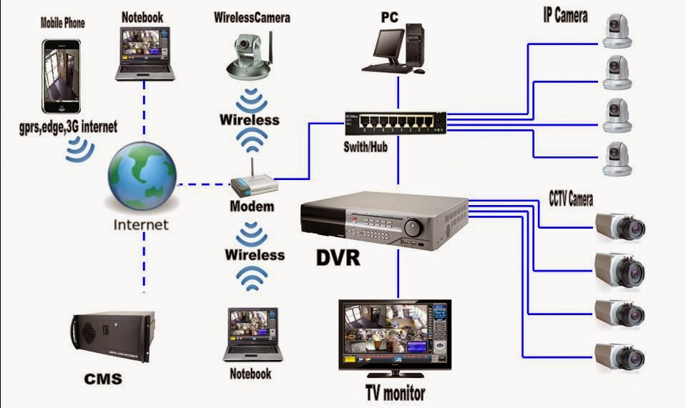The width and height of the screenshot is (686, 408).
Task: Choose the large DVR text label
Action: click(338, 257)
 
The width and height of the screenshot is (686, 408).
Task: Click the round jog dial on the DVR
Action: click(413, 228)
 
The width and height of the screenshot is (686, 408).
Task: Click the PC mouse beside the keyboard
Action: click(419, 70)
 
